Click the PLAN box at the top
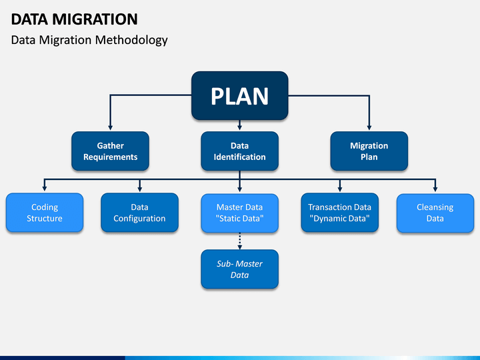click(240, 95)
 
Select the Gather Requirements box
click(110, 151)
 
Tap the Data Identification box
click(240, 151)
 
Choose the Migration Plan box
click(369, 151)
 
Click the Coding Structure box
click(45, 213)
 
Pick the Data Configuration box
click(139, 213)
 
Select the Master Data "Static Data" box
click(240, 213)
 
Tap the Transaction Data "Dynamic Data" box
click(340, 213)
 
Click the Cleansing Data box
click(435, 213)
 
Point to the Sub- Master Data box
click(240, 269)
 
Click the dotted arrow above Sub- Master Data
click(240, 241)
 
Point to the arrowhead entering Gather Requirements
click(110, 127)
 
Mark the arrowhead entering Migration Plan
click(369, 127)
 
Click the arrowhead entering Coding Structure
click(45, 189)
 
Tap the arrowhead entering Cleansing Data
click(435, 189)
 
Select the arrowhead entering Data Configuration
click(139, 189)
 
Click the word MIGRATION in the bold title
click(95, 19)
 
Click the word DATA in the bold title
click(29, 19)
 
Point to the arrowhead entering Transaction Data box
click(340, 189)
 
